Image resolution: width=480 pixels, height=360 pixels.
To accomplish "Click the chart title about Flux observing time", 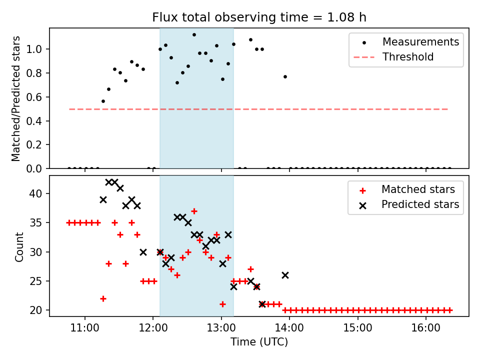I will coord(259,17).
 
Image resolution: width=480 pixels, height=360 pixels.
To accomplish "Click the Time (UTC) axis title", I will coord(259,342).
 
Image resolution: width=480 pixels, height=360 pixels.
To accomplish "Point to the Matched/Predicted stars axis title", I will coord(16,98).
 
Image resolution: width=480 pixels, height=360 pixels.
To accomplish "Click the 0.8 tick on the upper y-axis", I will coord(38,73).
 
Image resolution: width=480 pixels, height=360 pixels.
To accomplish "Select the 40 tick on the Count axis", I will coord(40,193).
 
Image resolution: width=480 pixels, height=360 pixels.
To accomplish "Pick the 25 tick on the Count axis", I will coord(40,281).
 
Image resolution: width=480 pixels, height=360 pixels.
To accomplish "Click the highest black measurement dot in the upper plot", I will coord(194,34).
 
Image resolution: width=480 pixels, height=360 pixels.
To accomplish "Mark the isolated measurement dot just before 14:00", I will coord(285,76).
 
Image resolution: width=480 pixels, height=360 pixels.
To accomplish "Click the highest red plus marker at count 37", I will coord(194,211).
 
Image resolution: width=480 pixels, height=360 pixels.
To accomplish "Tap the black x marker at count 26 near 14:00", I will coord(285,275).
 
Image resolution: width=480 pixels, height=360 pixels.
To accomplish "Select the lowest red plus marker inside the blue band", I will coord(222,304).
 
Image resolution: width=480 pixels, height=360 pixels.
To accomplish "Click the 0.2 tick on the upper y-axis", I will coord(38,145).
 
